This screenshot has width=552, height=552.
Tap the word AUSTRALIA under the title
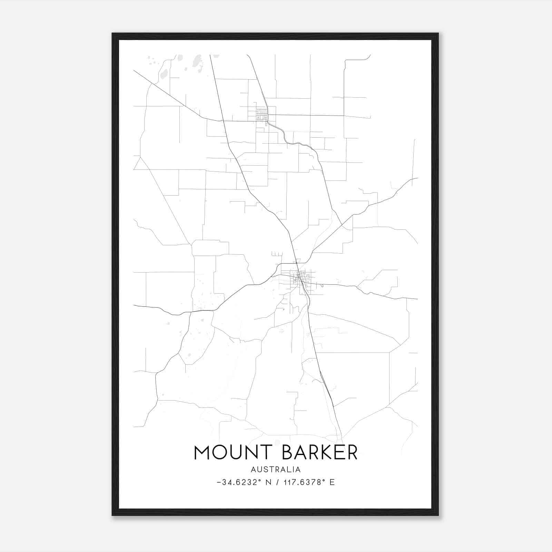(x=276, y=470)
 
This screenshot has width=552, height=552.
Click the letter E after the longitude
(x=332, y=482)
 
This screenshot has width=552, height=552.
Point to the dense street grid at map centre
(x=302, y=278)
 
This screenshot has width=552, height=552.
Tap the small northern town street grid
(x=262, y=114)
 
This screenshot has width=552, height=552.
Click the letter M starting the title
(x=202, y=452)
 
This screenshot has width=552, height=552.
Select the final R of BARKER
(x=352, y=452)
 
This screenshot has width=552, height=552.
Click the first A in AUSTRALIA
(x=254, y=470)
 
